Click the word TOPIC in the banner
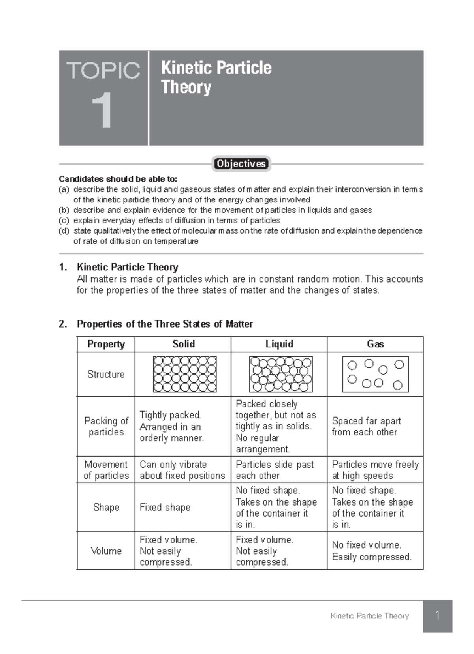tap(103, 71)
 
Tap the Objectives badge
tap(241, 163)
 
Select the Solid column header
tap(183, 344)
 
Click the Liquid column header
tap(279, 344)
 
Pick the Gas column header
tap(375, 344)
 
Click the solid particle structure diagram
tap(184, 374)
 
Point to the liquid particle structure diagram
tap(280, 374)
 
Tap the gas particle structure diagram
tap(375, 374)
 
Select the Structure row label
tap(106, 374)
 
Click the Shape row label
tap(106, 507)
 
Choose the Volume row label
tap(106, 551)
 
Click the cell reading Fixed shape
tap(165, 507)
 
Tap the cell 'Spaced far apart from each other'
tap(366, 426)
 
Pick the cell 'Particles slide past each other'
tap(275, 470)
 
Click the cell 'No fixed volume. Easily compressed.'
tap(371, 551)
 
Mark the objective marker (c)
tap(64, 220)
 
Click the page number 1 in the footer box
tap(437, 615)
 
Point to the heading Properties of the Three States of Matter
tap(165, 324)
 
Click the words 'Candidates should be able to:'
tap(118, 179)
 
